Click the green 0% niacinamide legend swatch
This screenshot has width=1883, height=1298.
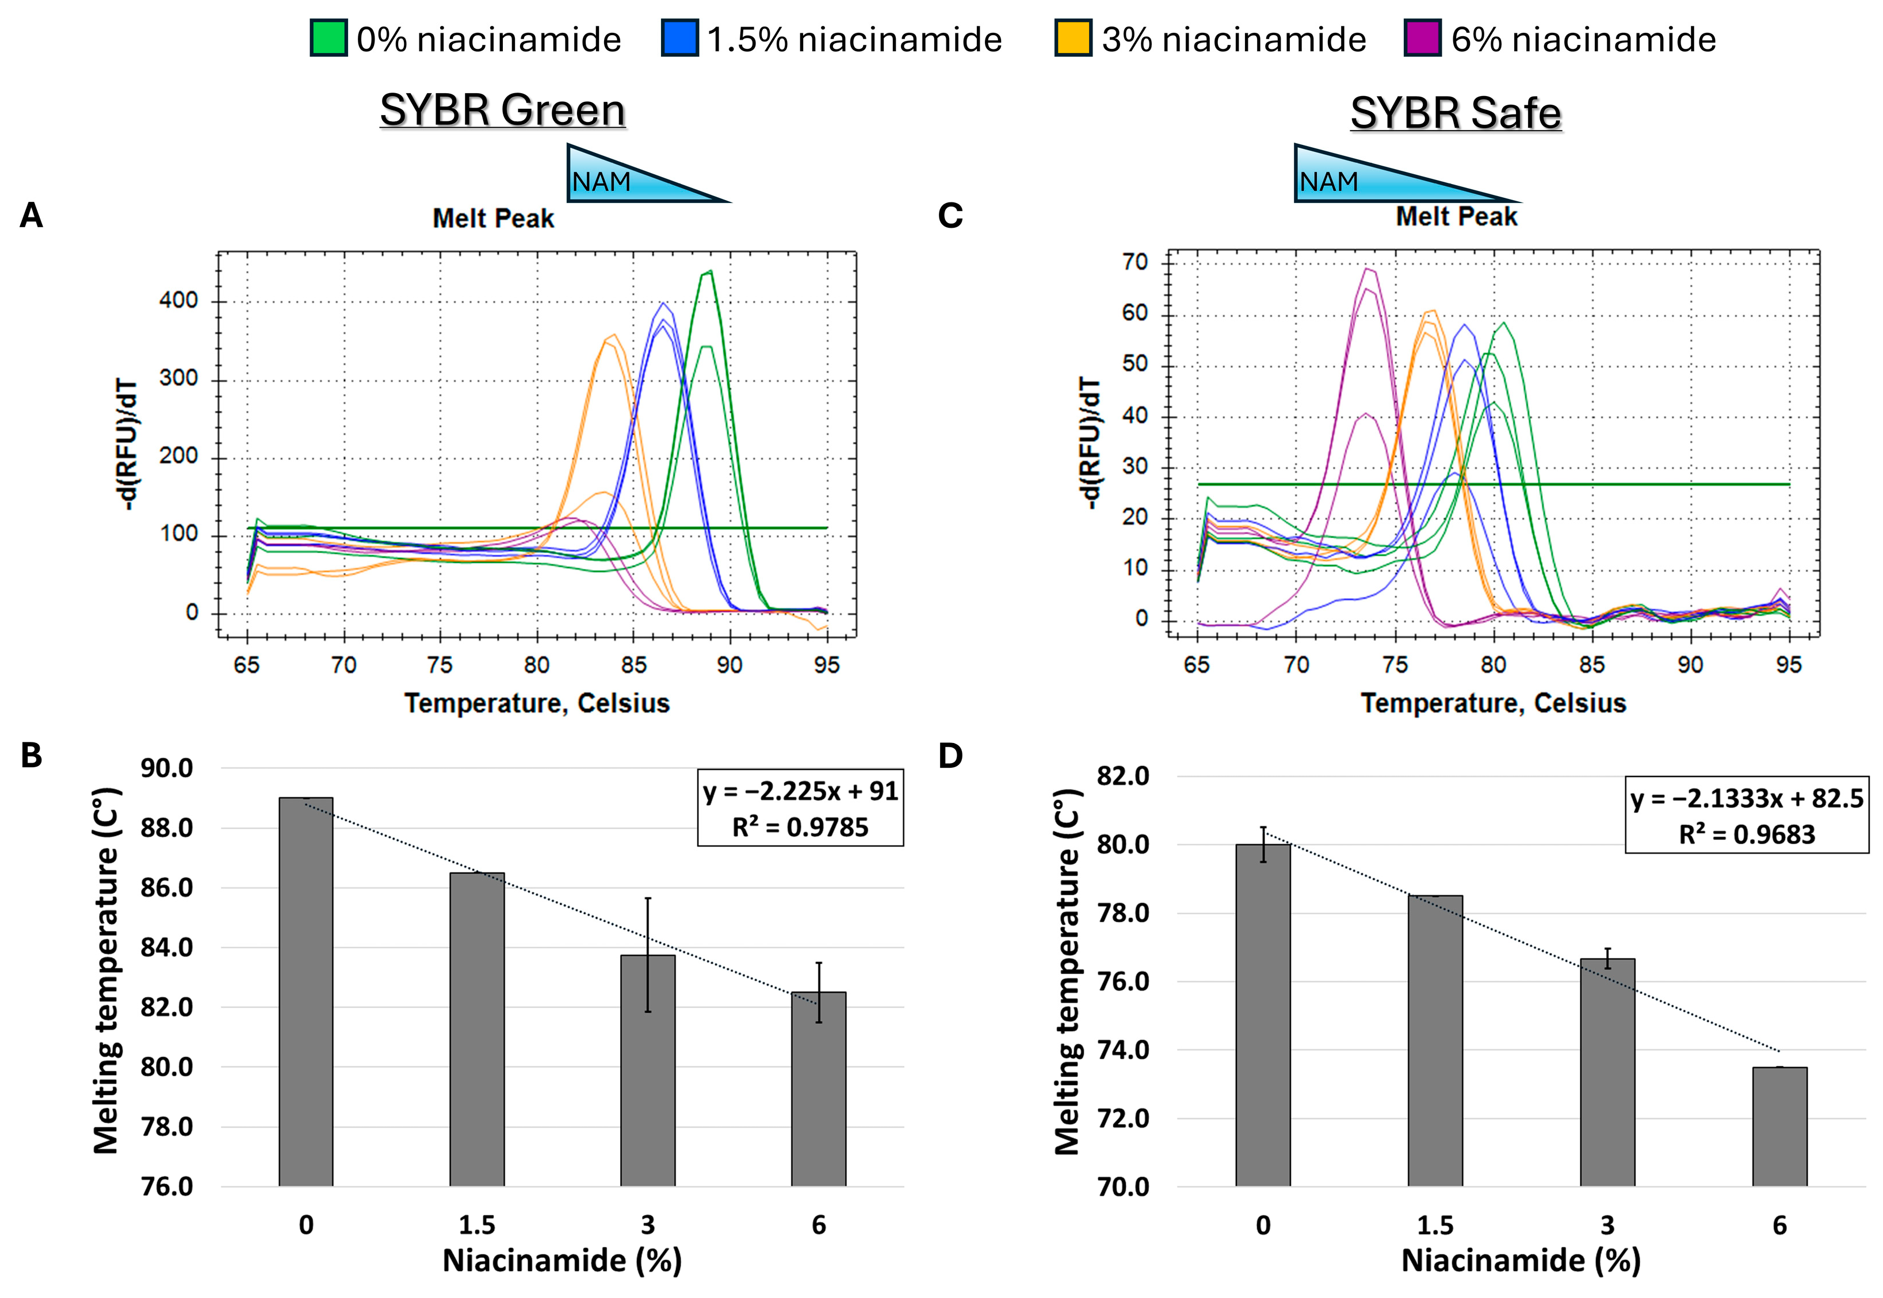pos(329,38)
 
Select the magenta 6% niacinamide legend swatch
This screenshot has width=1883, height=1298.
pos(1423,38)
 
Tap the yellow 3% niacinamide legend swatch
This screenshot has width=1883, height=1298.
pos(1073,38)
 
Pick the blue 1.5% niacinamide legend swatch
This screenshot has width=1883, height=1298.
pos(680,38)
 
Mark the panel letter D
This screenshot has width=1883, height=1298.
pos(950,756)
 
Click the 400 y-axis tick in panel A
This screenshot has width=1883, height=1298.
pos(178,301)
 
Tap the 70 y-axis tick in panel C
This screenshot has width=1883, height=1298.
pos(1135,262)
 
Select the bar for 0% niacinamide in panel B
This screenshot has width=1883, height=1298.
pos(306,992)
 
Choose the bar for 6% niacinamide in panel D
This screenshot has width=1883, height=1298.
pos(1779,1127)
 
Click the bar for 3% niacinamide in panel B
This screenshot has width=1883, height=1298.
pos(647,1070)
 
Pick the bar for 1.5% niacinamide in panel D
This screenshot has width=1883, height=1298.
pos(1435,1041)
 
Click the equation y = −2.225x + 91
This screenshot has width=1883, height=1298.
pos(800,791)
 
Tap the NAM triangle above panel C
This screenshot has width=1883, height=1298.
pos(1382,175)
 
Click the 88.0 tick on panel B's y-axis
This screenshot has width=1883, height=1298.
pos(167,828)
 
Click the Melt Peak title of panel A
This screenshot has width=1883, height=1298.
pos(493,218)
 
